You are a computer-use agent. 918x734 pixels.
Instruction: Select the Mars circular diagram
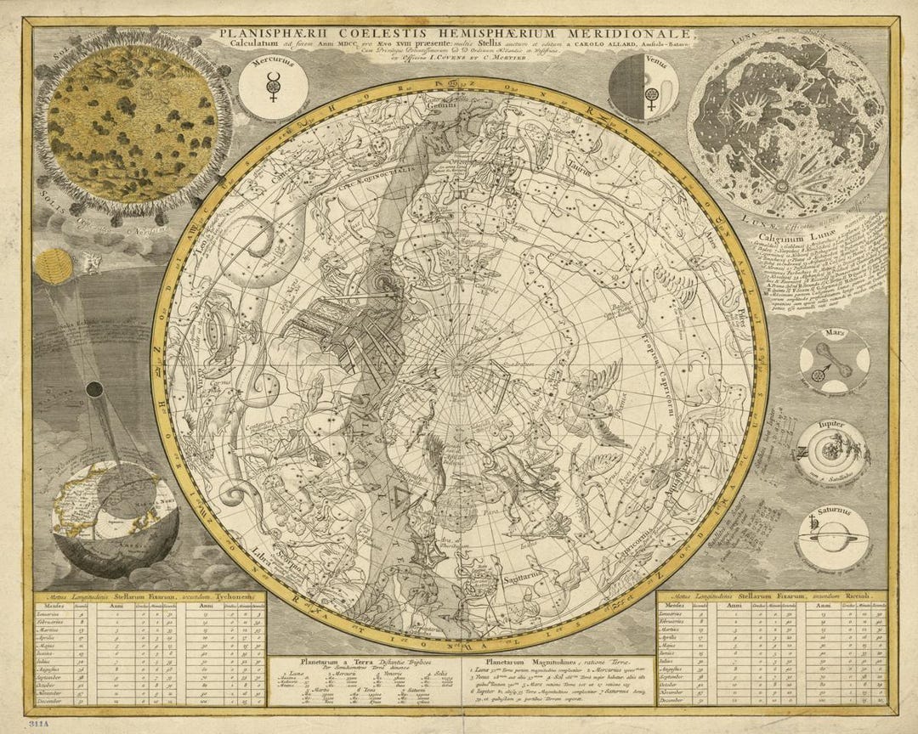(834, 362)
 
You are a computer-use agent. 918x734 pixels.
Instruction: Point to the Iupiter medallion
(832, 450)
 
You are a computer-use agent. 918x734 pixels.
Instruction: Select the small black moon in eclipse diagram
(95, 390)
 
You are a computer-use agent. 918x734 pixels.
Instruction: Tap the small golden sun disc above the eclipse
(55, 265)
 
